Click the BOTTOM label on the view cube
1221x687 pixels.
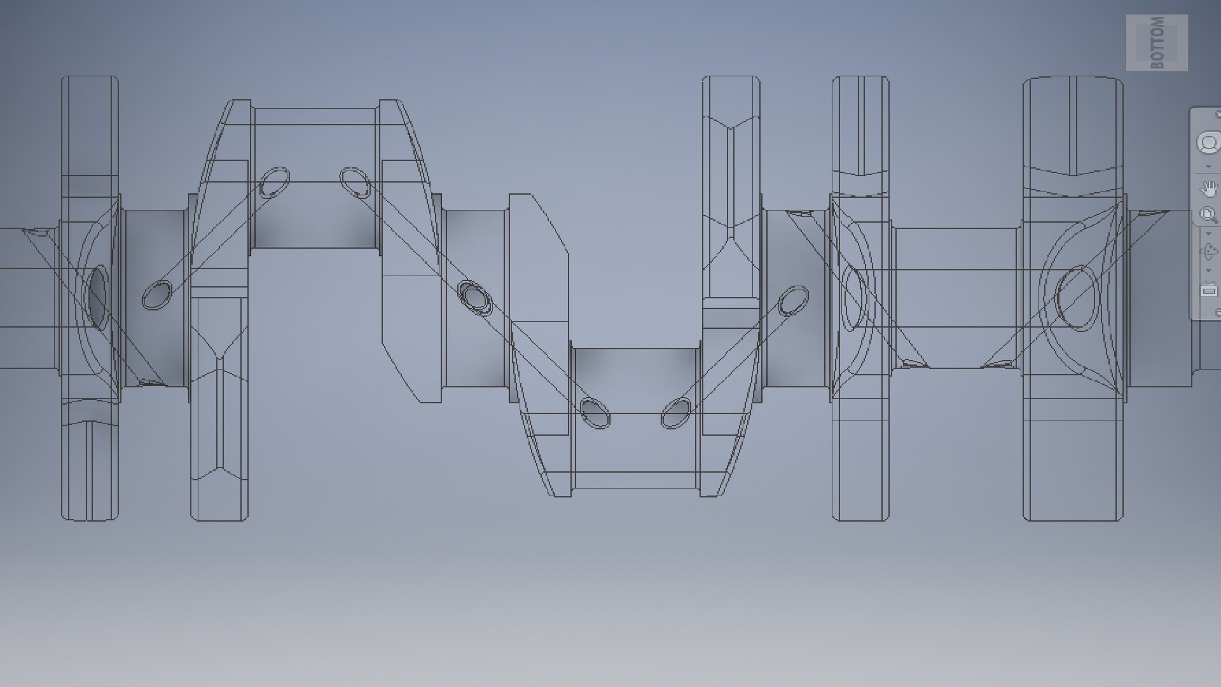coord(1157,43)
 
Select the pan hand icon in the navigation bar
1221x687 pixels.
coord(1208,188)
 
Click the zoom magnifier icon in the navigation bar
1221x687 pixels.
coord(1208,214)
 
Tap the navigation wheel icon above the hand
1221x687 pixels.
coord(1208,143)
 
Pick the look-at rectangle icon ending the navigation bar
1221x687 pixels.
coord(1208,290)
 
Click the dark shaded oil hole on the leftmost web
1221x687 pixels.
coord(97,296)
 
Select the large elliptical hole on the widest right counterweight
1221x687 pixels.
coord(1077,298)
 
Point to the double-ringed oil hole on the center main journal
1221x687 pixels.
coord(475,298)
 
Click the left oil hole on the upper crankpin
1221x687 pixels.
coord(275,182)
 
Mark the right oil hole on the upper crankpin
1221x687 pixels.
coord(355,183)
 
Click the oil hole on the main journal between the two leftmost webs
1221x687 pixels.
coord(156,295)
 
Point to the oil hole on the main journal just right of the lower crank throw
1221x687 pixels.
coord(793,301)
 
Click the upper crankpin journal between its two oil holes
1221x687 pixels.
coord(315,216)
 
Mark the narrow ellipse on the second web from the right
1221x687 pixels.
coord(854,298)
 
